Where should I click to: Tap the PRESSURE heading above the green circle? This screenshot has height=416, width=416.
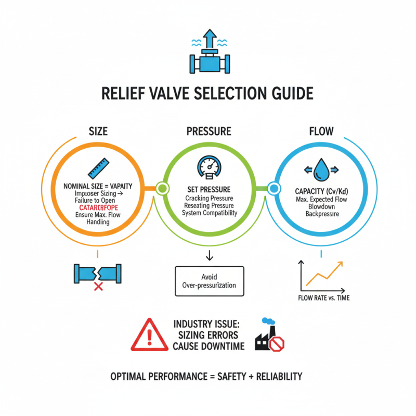(208, 132)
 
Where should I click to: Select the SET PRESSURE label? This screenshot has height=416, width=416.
(208, 189)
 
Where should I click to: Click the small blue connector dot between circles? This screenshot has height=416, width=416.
(274, 188)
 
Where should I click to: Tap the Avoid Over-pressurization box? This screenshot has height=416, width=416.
(208, 281)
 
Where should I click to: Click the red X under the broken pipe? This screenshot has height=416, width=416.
(97, 285)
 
